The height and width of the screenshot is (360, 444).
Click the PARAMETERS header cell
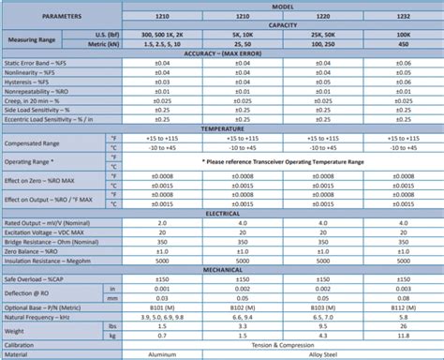pyautogui.click(x=61, y=17)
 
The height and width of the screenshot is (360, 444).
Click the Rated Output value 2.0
pyautogui.click(x=162, y=223)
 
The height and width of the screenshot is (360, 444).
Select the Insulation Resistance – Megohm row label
pyautogui.click(x=53, y=261)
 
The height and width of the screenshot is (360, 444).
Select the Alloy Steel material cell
pyautogui.click(x=323, y=355)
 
